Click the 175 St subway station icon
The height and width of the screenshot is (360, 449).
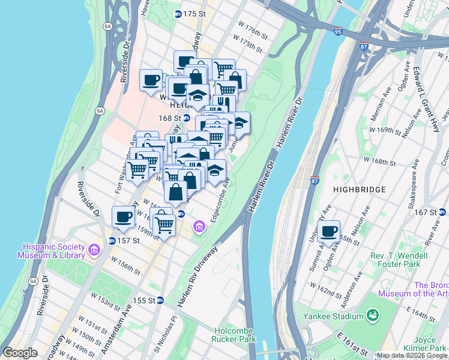pyautogui.click(x=178, y=14)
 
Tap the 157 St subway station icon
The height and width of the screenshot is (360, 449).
pyautogui.click(x=112, y=241)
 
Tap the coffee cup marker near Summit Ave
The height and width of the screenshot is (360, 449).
pyautogui.click(x=328, y=232)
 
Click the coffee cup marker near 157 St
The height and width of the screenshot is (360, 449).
pyautogui.click(x=124, y=217)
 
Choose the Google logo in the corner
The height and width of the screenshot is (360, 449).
pyautogui.click(x=20, y=353)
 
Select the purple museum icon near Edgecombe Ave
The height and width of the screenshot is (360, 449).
pyautogui.click(x=199, y=227)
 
